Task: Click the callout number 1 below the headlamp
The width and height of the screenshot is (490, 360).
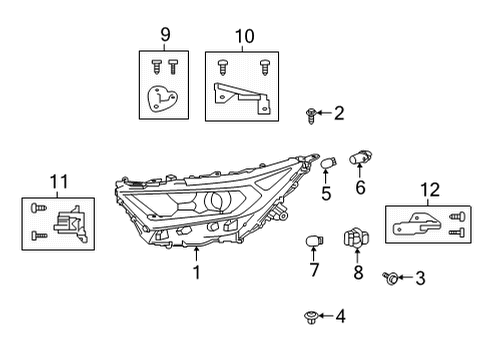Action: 196,271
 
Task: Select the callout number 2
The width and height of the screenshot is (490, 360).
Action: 339,113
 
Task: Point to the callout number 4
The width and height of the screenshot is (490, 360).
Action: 340,317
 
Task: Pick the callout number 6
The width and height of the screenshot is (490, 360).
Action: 360,186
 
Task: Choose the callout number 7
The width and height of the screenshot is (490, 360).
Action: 313,270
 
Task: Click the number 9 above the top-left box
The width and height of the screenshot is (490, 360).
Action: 165,37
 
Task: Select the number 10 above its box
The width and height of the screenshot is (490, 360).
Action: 244,37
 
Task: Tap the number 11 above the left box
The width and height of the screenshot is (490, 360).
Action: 58,181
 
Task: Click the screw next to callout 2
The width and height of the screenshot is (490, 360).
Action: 313,115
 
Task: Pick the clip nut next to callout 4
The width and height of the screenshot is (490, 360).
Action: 310,317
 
